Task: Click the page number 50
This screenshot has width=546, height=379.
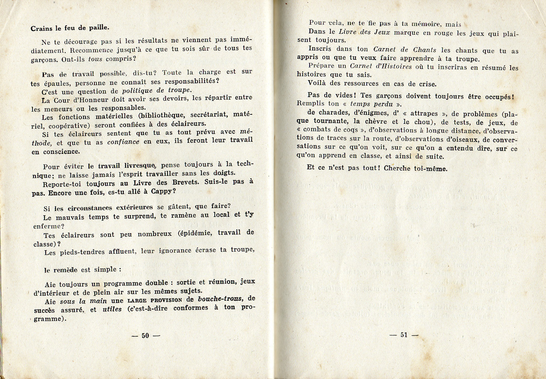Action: (x=145, y=336)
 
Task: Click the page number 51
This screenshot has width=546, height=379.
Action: (x=404, y=335)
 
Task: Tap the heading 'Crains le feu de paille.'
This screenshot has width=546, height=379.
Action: (x=70, y=28)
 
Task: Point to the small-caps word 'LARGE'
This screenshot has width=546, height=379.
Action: (x=137, y=300)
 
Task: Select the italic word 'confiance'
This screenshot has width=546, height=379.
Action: (x=123, y=142)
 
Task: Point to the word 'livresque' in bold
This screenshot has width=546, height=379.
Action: (x=140, y=165)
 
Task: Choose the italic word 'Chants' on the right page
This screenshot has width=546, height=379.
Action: (x=424, y=50)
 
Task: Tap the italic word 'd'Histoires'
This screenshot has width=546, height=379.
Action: (x=393, y=67)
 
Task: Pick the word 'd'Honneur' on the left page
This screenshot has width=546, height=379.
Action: (x=89, y=100)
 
